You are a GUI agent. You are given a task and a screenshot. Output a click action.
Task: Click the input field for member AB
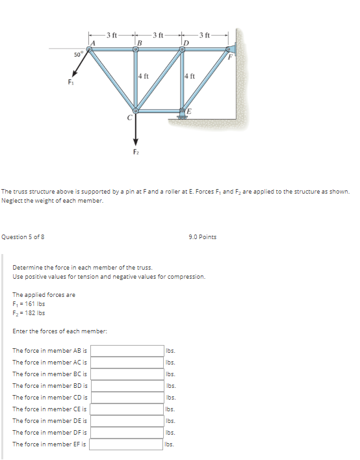click(127, 351)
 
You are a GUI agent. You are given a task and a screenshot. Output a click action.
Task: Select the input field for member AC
click(127, 363)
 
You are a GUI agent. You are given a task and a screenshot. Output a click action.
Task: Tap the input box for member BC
click(127, 374)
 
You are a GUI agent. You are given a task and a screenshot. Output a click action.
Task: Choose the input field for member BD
click(127, 386)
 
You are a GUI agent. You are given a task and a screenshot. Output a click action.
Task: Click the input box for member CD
click(127, 398)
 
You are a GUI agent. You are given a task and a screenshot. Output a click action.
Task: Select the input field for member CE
click(127, 409)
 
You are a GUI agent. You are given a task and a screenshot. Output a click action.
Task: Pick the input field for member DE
click(127, 421)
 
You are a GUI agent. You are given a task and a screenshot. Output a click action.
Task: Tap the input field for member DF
click(127, 433)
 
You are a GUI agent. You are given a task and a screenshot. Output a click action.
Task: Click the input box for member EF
click(127, 444)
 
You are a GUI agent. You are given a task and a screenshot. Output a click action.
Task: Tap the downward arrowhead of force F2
click(136, 142)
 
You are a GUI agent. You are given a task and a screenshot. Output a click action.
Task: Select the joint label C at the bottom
click(129, 118)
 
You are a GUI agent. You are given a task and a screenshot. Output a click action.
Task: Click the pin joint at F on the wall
click(228, 49)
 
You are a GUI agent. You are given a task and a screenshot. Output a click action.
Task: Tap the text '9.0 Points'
click(203, 237)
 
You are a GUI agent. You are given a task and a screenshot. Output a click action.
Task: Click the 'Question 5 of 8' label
click(23, 237)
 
